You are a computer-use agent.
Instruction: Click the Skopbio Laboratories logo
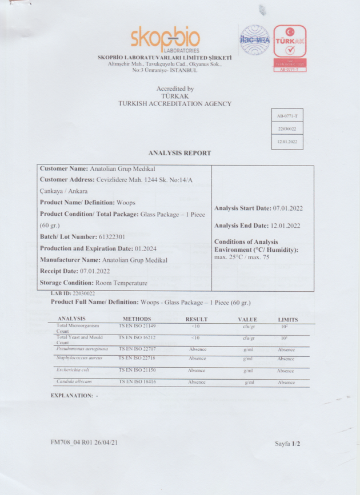click(x=164, y=38)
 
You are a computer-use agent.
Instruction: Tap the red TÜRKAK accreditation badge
click(x=290, y=48)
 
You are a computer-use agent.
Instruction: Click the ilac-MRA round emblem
click(x=254, y=41)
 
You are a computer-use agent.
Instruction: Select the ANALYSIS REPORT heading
click(x=179, y=153)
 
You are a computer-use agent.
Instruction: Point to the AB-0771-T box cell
click(x=287, y=116)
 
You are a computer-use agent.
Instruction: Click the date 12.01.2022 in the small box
click(x=287, y=141)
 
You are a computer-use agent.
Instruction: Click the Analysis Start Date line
click(x=259, y=208)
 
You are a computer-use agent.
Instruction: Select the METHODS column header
click(x=137, y=319)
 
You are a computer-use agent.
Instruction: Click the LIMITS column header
click(x=287, y=319)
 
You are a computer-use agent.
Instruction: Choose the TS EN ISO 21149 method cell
click(x=137, y=326)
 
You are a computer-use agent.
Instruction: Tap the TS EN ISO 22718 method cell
click(x=137, y=357)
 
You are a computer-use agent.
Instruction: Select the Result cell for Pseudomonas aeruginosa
click(x=197, y=349)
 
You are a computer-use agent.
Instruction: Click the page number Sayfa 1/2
click(x=287, y=443)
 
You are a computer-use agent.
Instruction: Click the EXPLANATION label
click(x=72, y=395)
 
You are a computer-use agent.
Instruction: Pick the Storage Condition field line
click(x=93, y=283)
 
